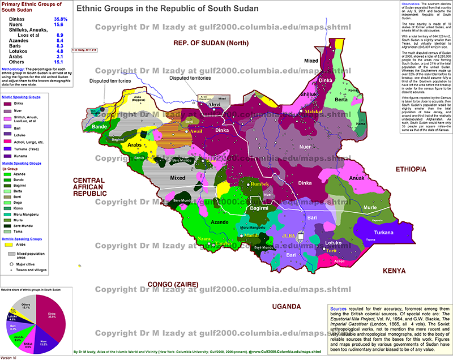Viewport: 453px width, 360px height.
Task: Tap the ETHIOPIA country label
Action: pyautogui.click(x=411, y=169)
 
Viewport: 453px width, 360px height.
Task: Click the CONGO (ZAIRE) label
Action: pyautogui.click(x=174, y=284)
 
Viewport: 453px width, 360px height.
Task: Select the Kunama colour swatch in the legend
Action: pyautogui.click(x=8, y=156)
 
